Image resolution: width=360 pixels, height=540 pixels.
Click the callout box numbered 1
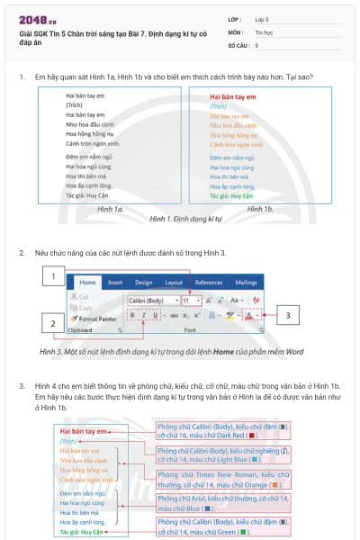[58, 276]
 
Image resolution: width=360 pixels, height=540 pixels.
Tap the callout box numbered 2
[53, 323]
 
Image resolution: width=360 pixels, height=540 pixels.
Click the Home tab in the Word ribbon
[89, 283]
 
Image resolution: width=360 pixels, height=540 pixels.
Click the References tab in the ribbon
[209, 283]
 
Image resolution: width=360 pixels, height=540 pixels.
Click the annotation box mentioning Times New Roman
[222, 478]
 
